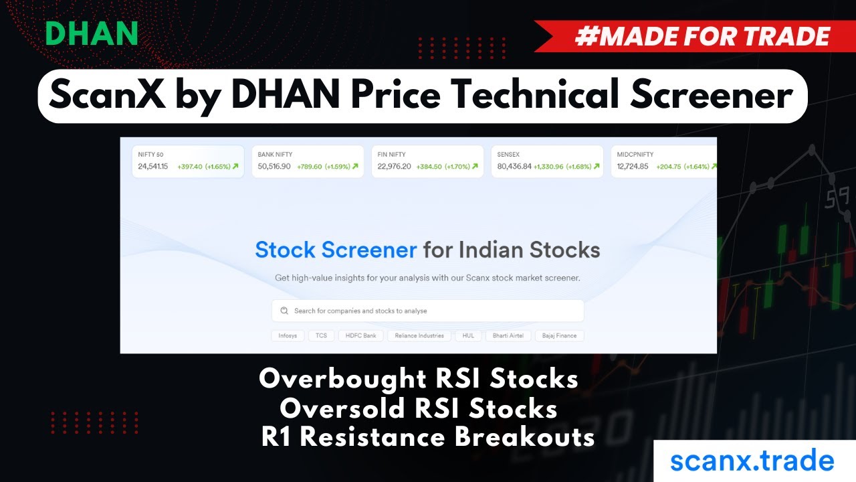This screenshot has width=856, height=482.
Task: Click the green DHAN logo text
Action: click(x=92, y=34)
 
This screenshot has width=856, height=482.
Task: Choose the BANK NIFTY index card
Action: click(x=308, y=161)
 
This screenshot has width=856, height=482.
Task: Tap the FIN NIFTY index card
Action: click(x=427, y=161)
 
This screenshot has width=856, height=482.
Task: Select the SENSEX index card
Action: click(x=547, y=161)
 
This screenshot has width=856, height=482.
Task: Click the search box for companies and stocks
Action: click(x=428, y=311)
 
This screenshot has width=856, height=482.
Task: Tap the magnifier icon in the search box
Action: click(x=284, y=311)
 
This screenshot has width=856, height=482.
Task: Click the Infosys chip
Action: click(x=288, y=335)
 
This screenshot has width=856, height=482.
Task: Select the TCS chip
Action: click(x=322, y=335)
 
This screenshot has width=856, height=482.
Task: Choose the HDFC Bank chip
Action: click(x=361, y=335)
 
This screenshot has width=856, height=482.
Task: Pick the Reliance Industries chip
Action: click(x=419, y=335)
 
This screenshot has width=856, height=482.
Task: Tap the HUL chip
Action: click(x=468, y=335)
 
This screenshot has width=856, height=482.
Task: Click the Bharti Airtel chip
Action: click(x=508, y=335)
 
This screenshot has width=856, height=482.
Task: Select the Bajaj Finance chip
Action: click(x=560, y=335)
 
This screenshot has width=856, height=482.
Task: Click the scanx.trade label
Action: click(x=752, y=461)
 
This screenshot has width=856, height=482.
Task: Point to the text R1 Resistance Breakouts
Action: click(x=428, y=437)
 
